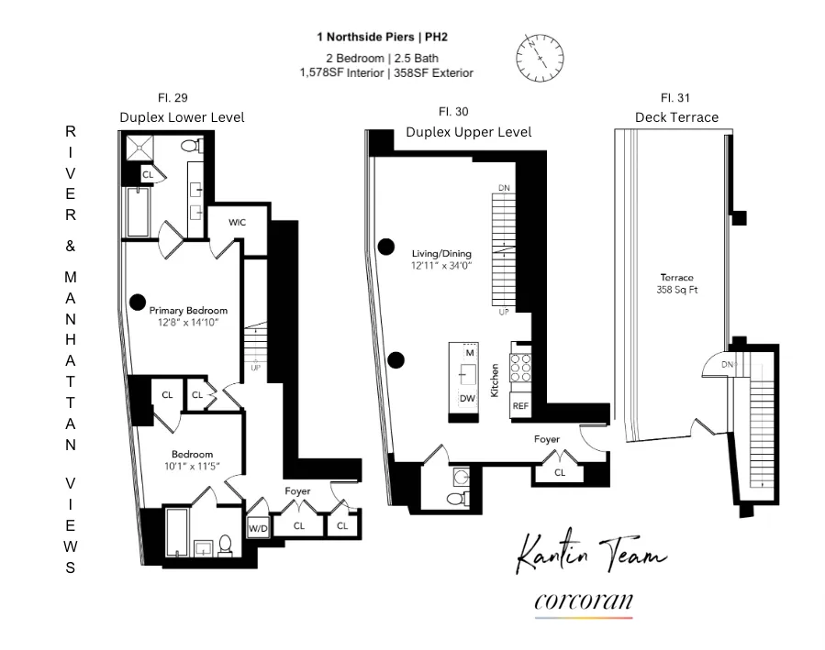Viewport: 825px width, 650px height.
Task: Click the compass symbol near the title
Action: pyautogui.click(x=541, y=57)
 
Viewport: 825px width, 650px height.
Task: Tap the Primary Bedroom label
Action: pyautogui.click(x=188, y=311)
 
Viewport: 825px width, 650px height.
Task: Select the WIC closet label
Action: pyautogui.click(x=238, y=223)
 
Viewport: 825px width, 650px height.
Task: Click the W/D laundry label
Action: pyautogui.click(x=257, y=527)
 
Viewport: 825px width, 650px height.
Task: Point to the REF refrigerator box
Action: pyautogui.click(x=520, y=405)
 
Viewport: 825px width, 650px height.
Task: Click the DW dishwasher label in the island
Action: pyautogui.click(x=467, y=398)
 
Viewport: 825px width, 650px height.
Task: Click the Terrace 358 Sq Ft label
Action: pyautogui.click(x=676, y=283)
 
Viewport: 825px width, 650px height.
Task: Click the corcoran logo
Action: pyautogui.click(x=583, y=601)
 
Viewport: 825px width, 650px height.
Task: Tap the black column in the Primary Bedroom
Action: pyautogui.click(x=138, y=300)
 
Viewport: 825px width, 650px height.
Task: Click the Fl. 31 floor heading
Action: pyautogui.click(x=675, y=97)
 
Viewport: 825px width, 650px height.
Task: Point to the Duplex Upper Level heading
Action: pyautogui.click(x=468, y=132)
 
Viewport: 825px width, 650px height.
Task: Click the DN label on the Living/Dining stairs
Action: pyautogui.click(x=503, y=188)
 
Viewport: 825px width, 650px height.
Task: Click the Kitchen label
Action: pyautogui.click(x=495, y=379)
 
